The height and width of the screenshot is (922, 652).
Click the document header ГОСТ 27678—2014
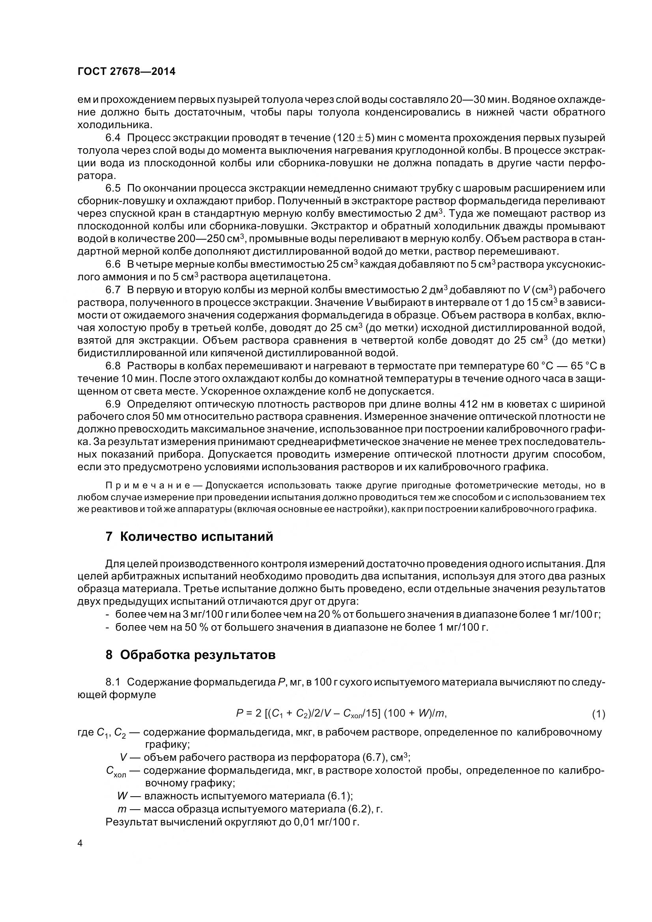[126, 72]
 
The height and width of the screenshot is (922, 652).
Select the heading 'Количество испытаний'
[189, 536]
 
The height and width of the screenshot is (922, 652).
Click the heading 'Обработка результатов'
[191, 655]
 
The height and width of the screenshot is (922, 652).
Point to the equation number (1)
[598, 714]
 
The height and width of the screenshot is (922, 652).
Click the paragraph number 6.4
[113, 138]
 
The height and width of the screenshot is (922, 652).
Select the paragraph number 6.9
[113, 404]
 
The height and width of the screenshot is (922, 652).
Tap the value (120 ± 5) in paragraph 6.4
[353, 138]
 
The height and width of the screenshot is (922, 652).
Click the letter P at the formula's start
[240, 713]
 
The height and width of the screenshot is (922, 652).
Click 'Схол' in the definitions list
[116, 771]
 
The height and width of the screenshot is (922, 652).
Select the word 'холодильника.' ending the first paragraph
[115, 125]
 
